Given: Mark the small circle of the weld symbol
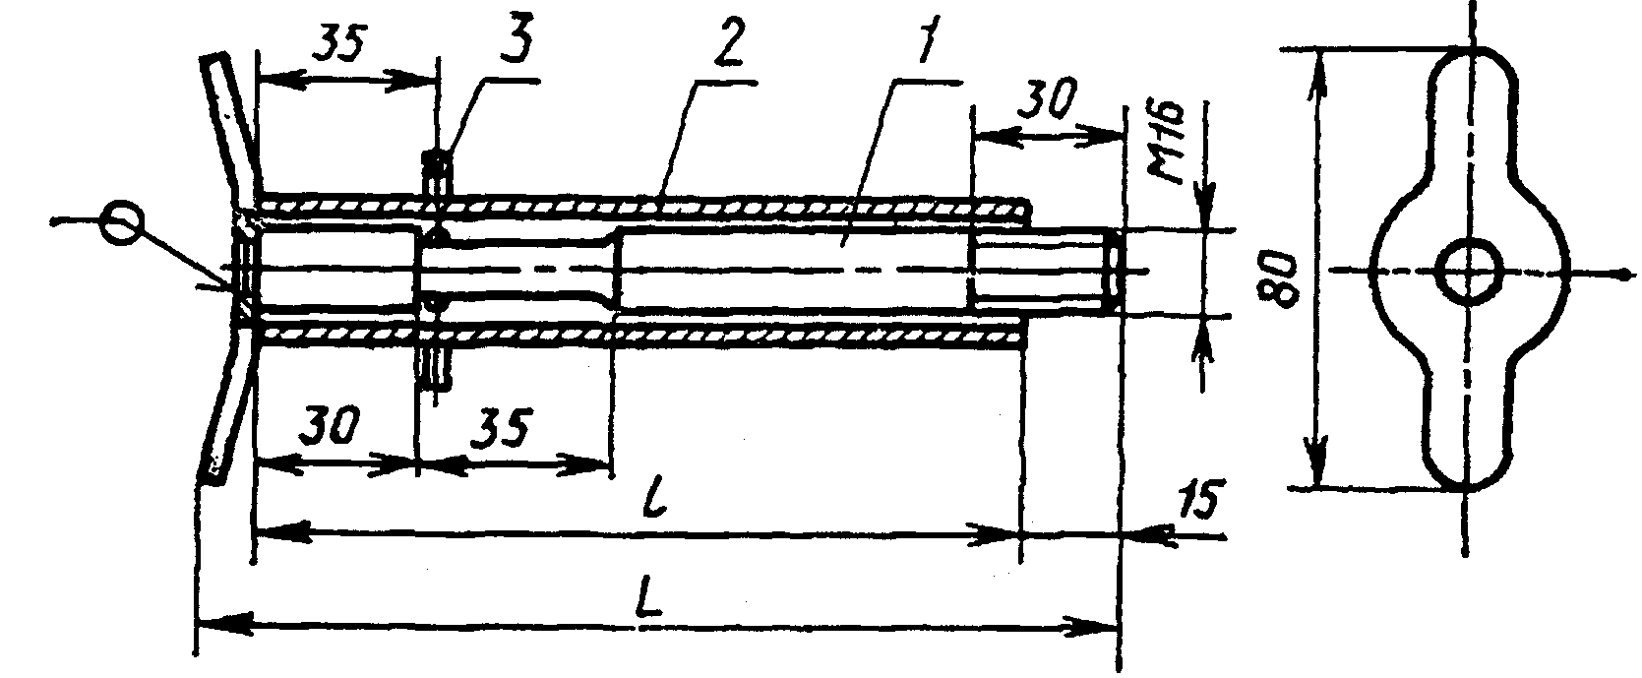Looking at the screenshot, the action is coord(121,222).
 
